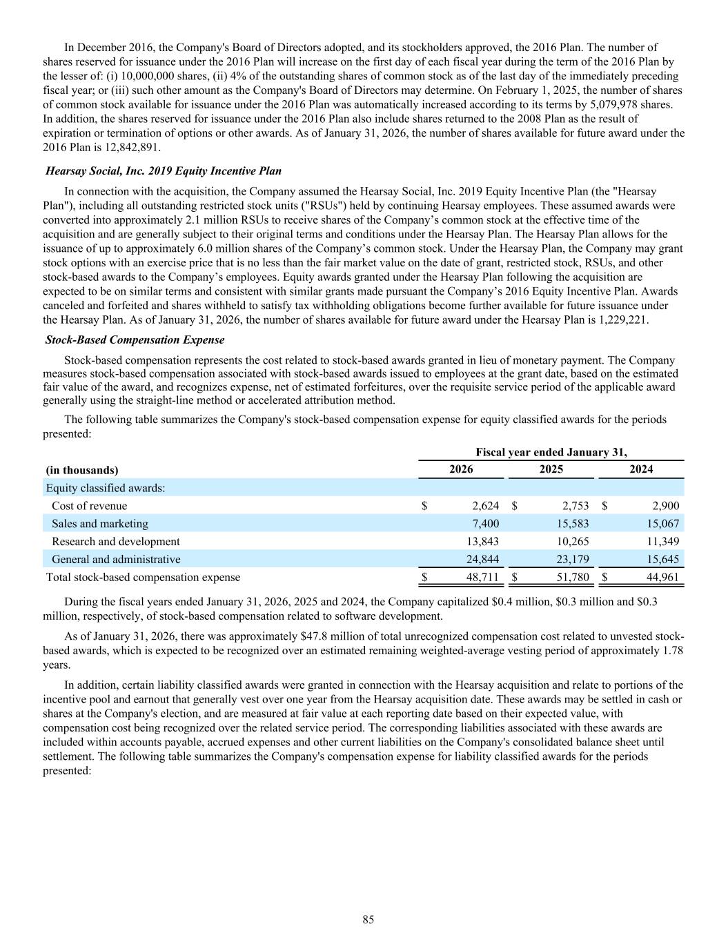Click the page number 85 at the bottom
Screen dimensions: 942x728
pos(368,919)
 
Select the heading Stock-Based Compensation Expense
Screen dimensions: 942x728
pos(135,340)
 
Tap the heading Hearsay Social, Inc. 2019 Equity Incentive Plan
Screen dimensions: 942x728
pos(163,170)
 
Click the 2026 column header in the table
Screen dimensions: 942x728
pos(461,469)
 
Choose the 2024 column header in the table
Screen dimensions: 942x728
pos(641,469)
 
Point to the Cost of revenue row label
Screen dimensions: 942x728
pos(89,506)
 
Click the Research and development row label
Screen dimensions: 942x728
pos(115,541)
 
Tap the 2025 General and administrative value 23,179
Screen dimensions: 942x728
pos(572,559)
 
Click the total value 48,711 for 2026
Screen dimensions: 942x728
pos(481,577)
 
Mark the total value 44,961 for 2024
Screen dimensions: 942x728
pos(662,577)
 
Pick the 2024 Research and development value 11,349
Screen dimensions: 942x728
pos(662,541)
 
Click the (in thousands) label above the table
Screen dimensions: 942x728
pos(82,470)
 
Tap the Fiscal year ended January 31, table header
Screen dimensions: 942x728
pos(551,452)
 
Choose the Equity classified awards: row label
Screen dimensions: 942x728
pos(105,488)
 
